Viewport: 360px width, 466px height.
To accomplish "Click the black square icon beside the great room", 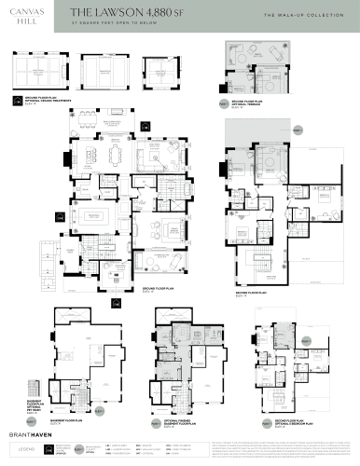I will click(x=140, y=123).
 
